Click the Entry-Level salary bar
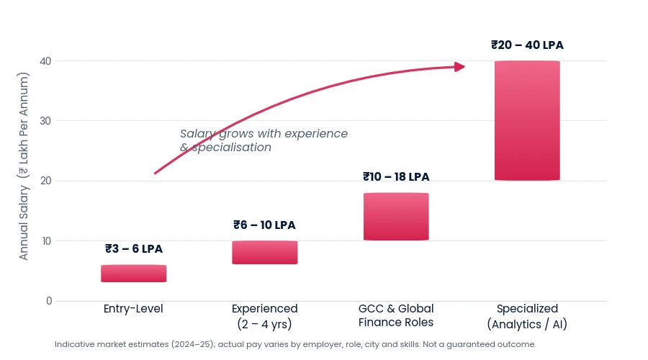click(133, 274)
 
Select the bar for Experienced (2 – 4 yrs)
click(264, 253)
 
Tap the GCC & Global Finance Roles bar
click(396, 217)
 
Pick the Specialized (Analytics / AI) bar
click(527, 121)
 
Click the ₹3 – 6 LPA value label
click(134, 249)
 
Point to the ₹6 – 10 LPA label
click(264, 225)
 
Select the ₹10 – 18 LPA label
click(396, 177)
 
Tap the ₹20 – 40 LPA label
click(527, 45)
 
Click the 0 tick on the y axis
click(49, 301)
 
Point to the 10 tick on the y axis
click(47, 241)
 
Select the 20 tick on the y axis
click(46, 181)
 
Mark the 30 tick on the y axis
click(46, 121)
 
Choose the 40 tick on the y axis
click(46, 61)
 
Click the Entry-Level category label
click(133, 309)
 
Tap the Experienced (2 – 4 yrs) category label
click(264, 316)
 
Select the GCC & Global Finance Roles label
click(396, 315)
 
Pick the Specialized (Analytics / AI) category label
click(527, 316)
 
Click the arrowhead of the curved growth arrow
click(459, 66)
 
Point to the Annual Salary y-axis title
click(24, 166)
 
